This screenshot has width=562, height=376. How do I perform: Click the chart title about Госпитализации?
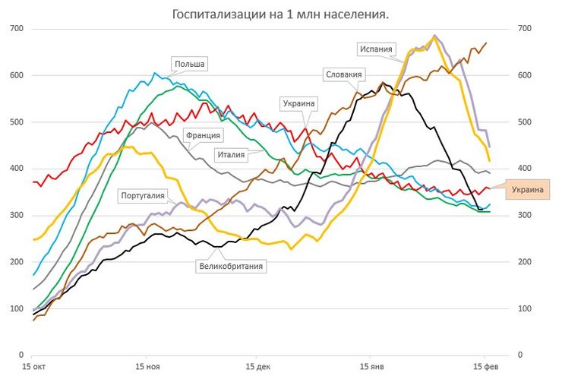280,14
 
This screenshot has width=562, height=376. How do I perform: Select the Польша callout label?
189,64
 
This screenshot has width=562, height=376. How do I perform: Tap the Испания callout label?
377,50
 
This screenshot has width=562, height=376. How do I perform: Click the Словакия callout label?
344,74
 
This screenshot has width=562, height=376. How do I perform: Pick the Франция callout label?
203,135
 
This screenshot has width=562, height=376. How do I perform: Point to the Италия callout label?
234,154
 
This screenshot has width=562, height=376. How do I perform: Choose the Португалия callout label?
143,196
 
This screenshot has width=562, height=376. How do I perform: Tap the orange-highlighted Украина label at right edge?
529,189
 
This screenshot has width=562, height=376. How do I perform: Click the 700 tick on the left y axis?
16,29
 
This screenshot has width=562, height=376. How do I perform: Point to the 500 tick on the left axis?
16,122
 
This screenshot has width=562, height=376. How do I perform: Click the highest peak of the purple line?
434,36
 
